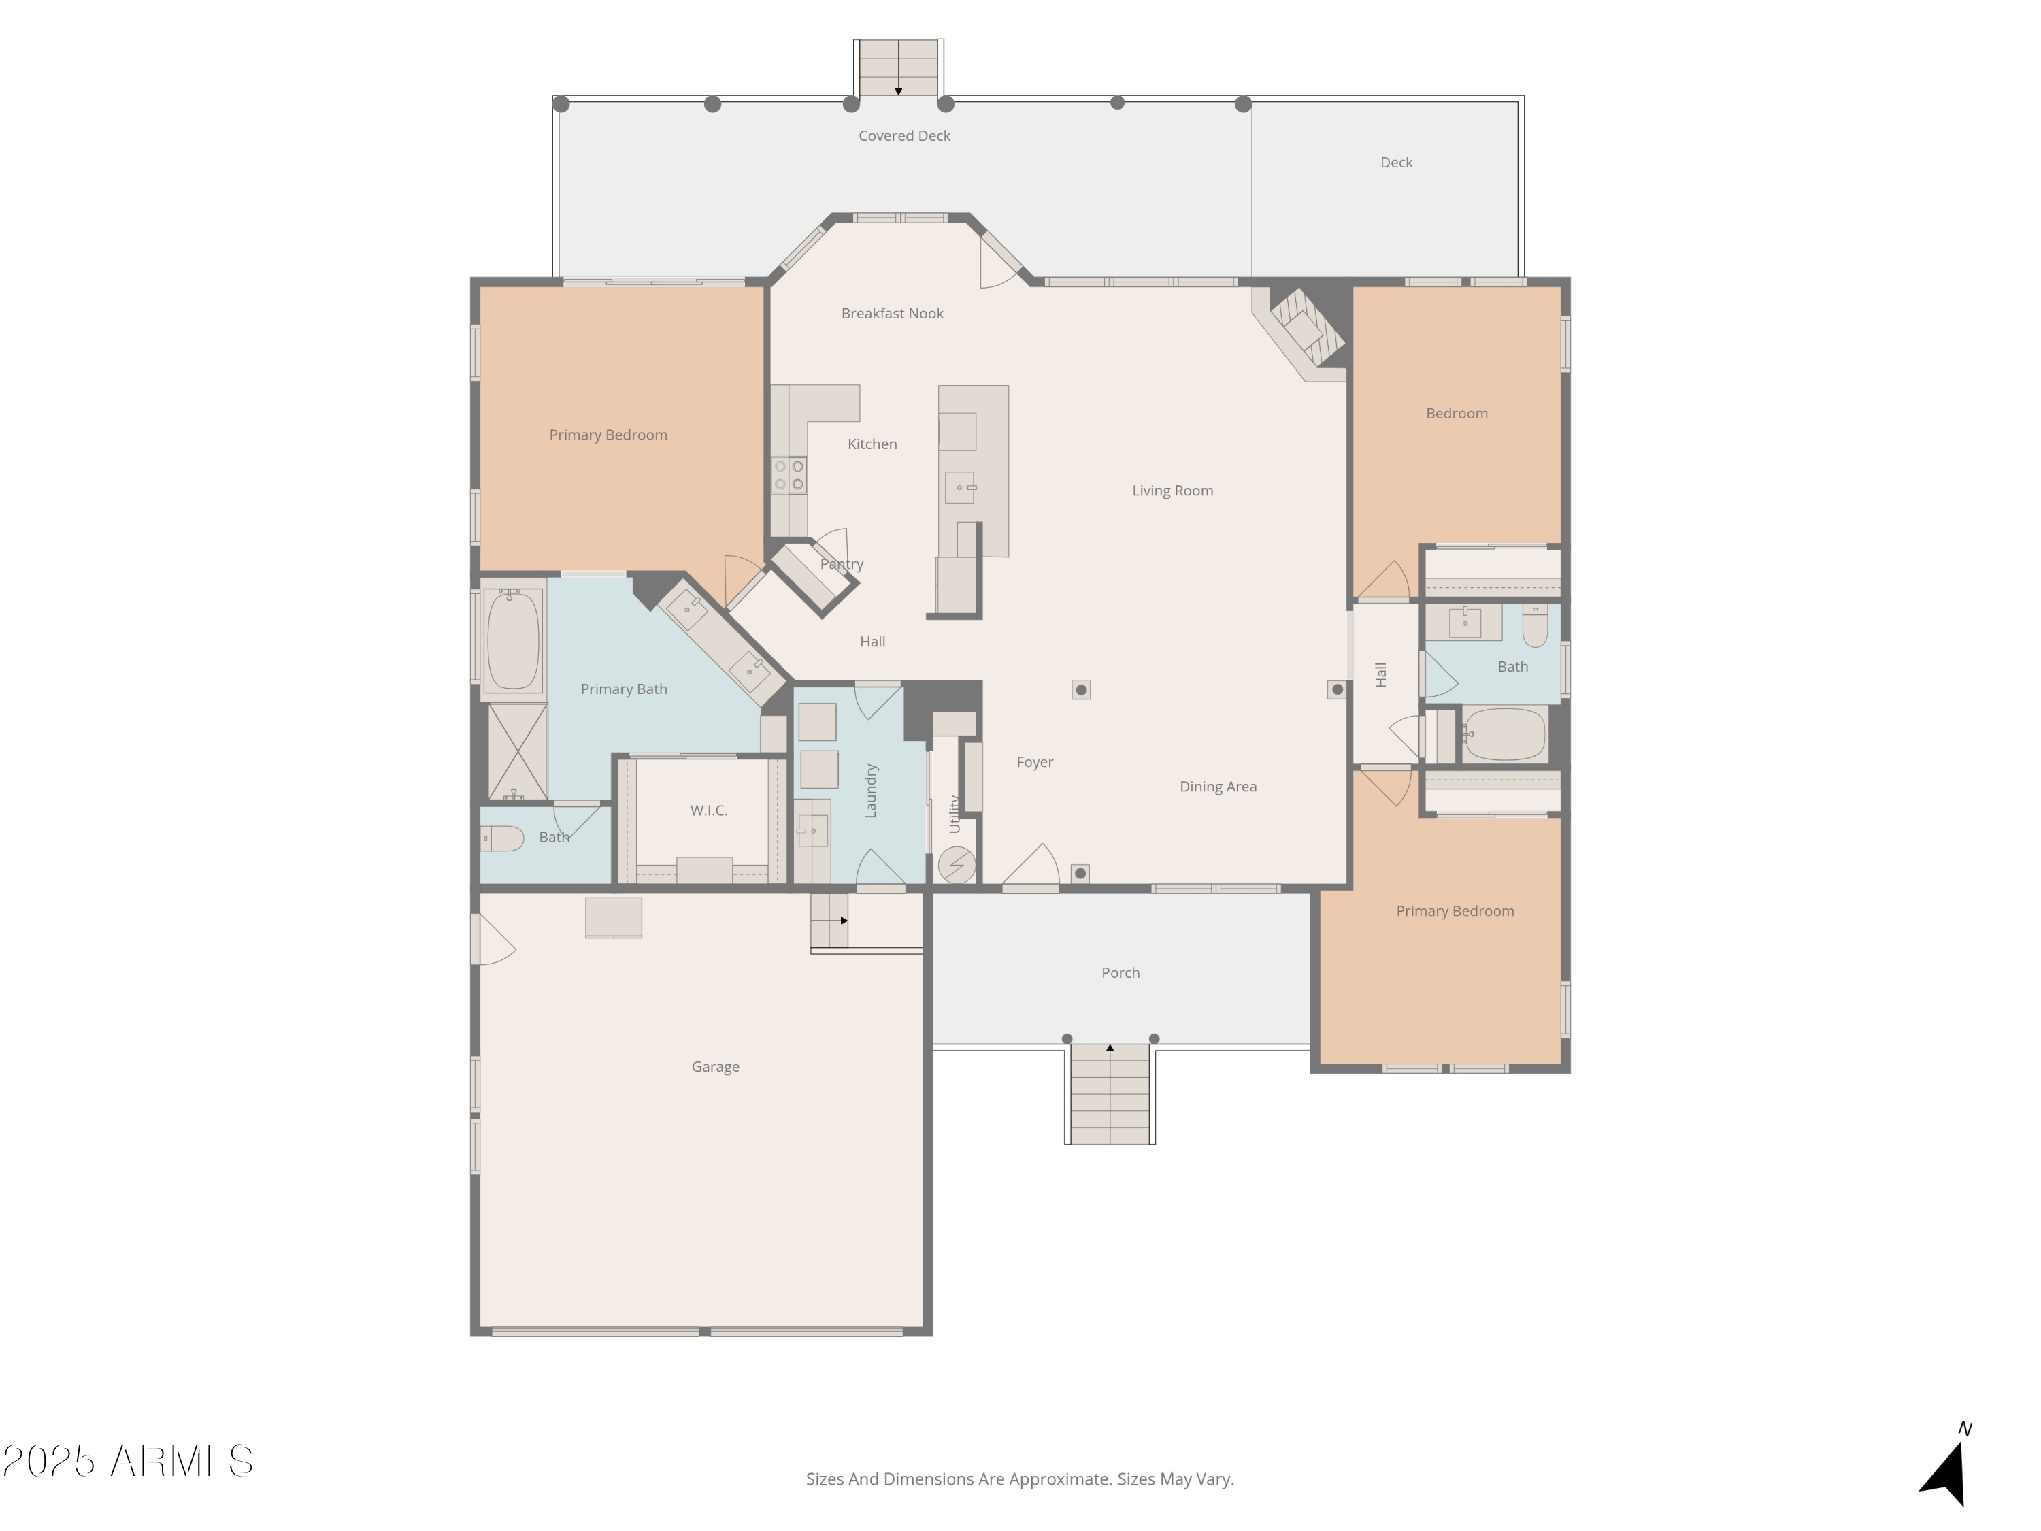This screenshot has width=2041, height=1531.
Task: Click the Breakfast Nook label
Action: coord(891,314)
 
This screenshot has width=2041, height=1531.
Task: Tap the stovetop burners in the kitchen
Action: coord(789,475)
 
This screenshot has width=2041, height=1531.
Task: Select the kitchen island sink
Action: coord(959,487)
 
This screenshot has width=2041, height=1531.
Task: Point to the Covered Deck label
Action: coord(903,135)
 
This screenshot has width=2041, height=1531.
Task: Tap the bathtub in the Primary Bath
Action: coord(513,640)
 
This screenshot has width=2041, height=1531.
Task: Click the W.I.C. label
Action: coord(709,810)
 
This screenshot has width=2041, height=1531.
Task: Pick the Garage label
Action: coord(715,1067)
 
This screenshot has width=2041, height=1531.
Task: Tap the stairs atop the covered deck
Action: coord(898,67)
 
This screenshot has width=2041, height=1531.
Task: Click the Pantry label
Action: coord(842,564)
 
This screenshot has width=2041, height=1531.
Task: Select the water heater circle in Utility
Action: coord(956,865)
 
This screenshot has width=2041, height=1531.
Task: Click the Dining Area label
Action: coord(1217,787)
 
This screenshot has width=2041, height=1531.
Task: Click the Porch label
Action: coord(1120,972)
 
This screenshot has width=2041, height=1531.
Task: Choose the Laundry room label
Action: coord(870,790)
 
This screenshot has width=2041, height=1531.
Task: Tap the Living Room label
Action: coord(1172,491)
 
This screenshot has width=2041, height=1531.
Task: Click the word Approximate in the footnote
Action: coord(1059,1479)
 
